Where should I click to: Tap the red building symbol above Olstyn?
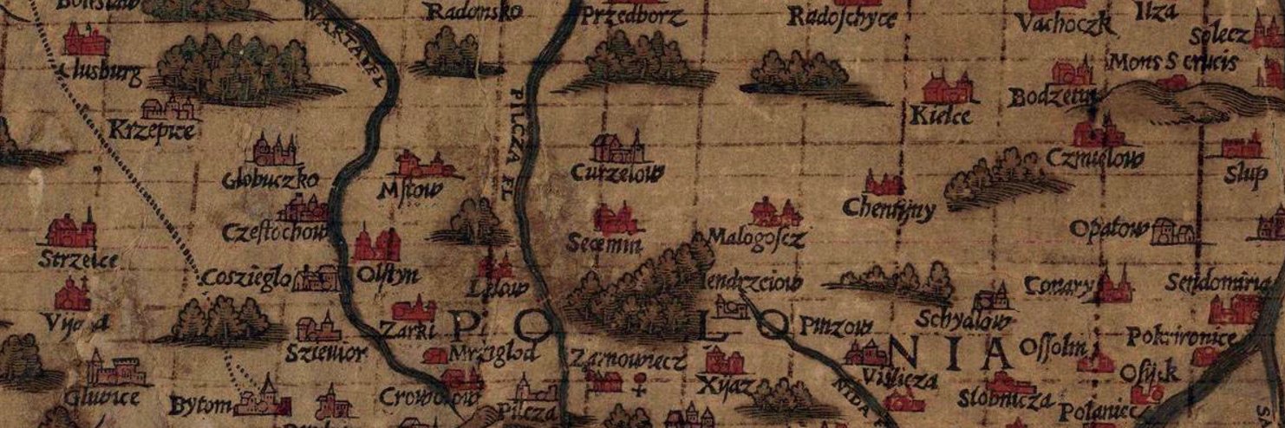click(375, 245)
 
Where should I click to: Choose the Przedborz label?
click(628, 16)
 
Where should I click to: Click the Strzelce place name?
click(79, 258)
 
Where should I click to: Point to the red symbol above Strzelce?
click(72, 231)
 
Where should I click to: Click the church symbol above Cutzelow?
click(617, 147)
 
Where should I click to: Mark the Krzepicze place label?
click(153, 132)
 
